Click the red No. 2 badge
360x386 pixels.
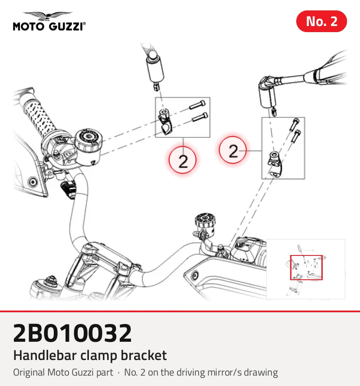tap(321, 21)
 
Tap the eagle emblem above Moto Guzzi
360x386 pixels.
tap(48, 16)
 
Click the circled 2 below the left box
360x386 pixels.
tap(183, 160)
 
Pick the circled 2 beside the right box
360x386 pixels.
tap(232, 150)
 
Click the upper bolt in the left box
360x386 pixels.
tap(197, 105)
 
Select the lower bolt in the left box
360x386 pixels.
tap(200, 117)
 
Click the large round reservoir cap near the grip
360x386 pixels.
tap(88, 140)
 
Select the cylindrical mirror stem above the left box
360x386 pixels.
tap(155, 69)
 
